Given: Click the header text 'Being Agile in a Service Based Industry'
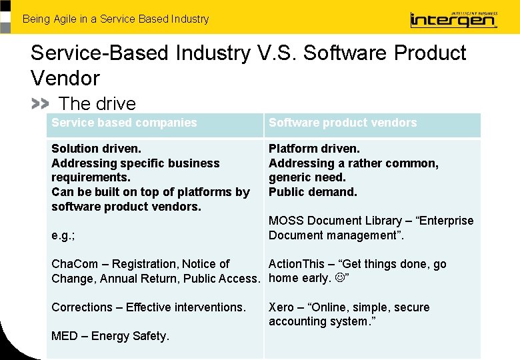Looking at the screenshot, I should (x=115, y=19).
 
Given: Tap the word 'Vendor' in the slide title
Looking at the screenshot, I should (x=65, y=78).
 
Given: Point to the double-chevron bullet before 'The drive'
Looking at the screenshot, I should (x=40, y=104).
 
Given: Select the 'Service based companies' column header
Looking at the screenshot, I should (x=124, y=123).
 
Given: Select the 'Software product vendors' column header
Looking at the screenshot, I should (x=343, y=123).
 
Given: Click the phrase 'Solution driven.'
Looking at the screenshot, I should (x=96, y=149).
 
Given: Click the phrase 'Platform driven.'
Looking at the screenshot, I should (x=314, y=149).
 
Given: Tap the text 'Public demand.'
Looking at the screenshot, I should (x=313, y=192).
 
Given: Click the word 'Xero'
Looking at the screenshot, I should (x=281, y=307).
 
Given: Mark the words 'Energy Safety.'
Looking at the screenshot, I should (x=129, y=336).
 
